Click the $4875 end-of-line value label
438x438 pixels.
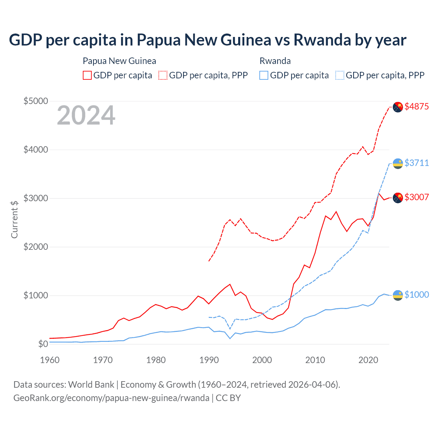click(416, 106)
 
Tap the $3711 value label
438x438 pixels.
click(416, 163)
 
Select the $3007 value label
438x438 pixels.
click(416, 197)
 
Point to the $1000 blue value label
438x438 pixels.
click(416, 295)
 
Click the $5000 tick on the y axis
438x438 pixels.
click(36, 101)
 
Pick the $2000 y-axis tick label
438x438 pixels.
click(36, 247)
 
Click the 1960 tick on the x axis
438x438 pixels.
click(50, 360)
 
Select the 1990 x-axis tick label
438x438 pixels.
click(209, 360)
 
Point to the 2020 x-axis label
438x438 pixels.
click(368, 360)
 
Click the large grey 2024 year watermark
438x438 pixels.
click(86, 115)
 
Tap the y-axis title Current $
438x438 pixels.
click(14, 219)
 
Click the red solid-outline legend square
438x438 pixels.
click(87, 75)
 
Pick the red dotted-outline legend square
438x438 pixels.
click(163, 75)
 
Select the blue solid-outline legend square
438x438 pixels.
click(264, 75)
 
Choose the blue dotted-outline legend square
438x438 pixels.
click(340, 75)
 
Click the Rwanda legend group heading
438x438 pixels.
click(275, 61)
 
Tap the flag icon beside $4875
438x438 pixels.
click(398, 107)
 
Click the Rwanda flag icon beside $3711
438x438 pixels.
click(398, 164)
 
